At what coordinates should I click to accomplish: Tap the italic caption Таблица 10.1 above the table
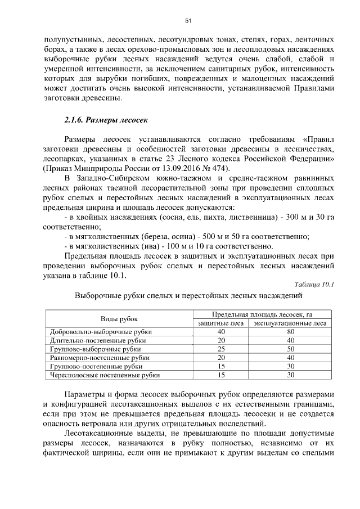(x=314, y=284)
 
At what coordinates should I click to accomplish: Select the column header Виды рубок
(x=119, y=318)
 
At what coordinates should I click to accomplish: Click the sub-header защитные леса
(x=221, y=323)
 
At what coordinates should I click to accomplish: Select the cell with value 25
(x=221, y=349)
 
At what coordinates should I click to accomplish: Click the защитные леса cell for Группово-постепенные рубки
(x=221, y=366)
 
